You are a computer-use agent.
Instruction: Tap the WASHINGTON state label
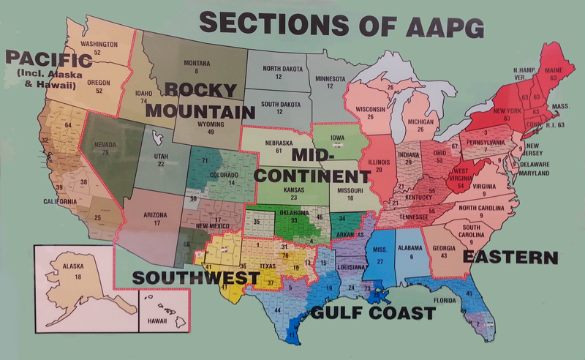point(99,44)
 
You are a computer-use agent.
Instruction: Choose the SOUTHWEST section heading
point(195,279)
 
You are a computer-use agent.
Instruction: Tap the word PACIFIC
point(42,58)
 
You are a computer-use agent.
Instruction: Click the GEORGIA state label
point(443,247)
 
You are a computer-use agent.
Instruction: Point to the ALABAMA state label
point(411,248)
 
